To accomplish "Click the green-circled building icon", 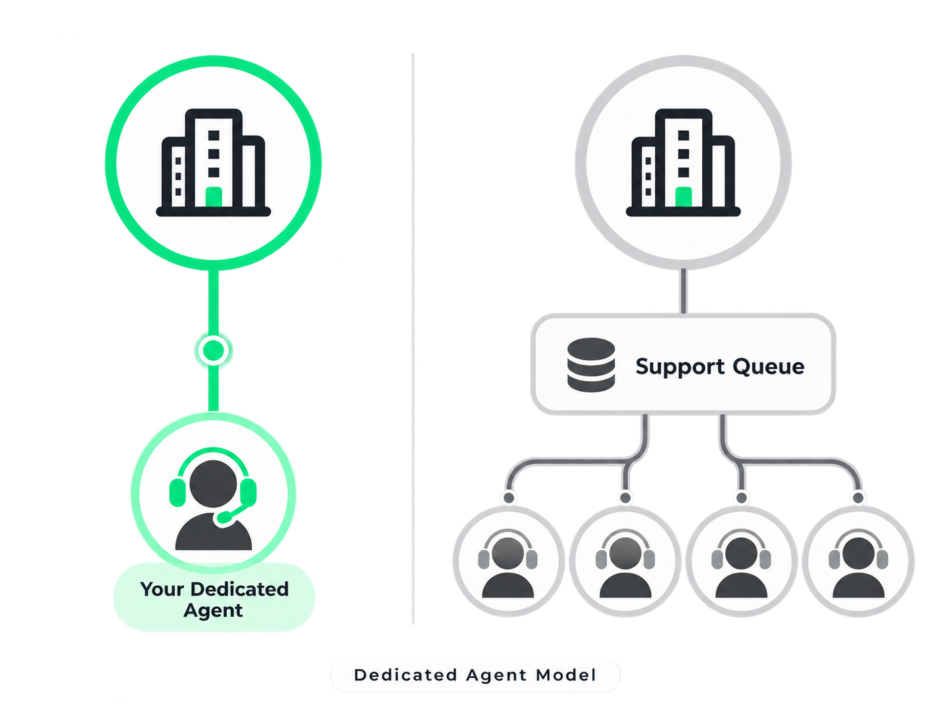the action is tap(214, 162).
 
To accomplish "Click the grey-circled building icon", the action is tap(683, 162).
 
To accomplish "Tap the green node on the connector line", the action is tap(214, 350).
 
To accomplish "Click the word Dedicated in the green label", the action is tap(239, 589).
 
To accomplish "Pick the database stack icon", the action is tap(591, 365).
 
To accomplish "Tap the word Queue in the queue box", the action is tap(769, 367).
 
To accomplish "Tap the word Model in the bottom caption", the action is tap(566, 675).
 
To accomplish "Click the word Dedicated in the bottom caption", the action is tap(406, 675).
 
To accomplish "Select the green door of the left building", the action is tap(214, 197).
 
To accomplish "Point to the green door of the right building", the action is tap(684, 197).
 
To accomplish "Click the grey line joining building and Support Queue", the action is tap(684, 291).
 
